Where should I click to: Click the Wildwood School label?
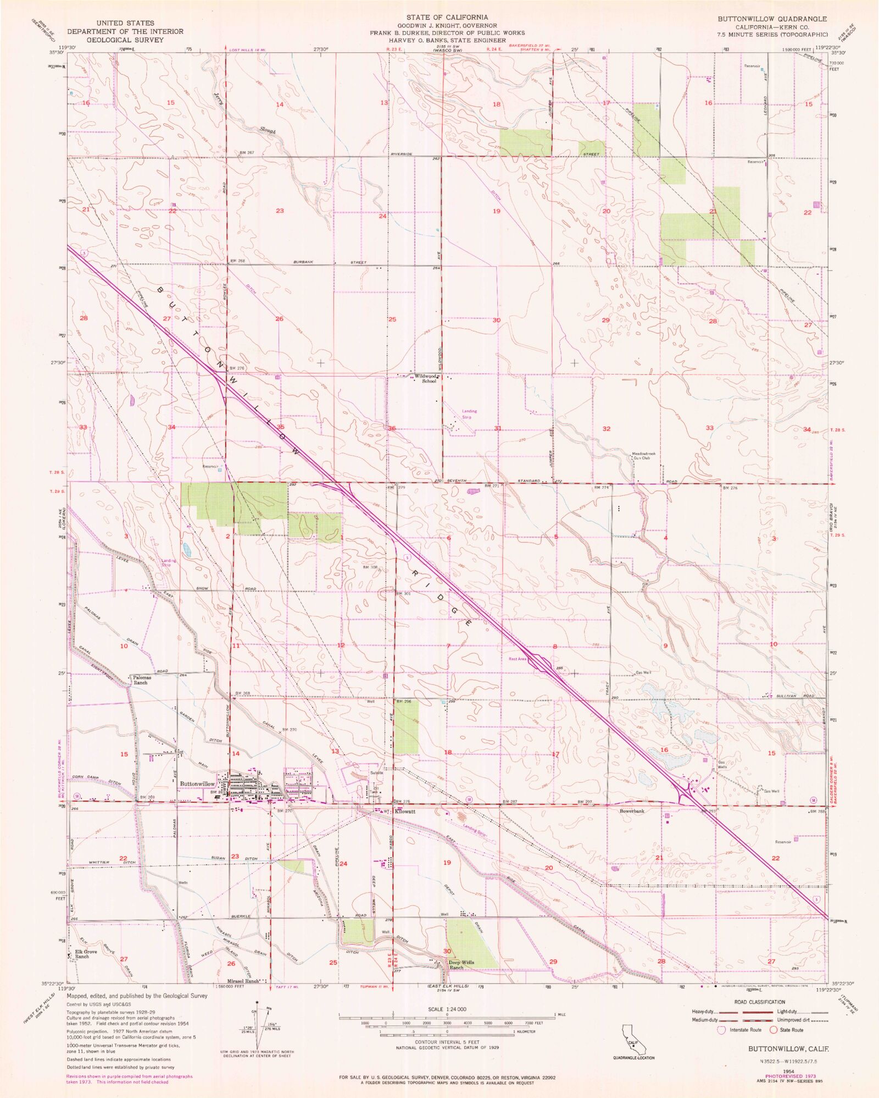[x=425, y=379]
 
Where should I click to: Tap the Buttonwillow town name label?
[x=197, y=784]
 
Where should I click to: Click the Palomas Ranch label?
[x=140, y=680]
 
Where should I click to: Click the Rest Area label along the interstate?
[x=518, y=659]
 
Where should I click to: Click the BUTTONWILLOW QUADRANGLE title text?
[x=772, y=19]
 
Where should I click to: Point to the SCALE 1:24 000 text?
[x=447, y=1009]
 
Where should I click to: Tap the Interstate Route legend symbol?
[x=721, y=1030]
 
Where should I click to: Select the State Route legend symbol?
[x=774, y=1030]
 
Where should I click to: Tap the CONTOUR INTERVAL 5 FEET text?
[x=447, y=1042]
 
